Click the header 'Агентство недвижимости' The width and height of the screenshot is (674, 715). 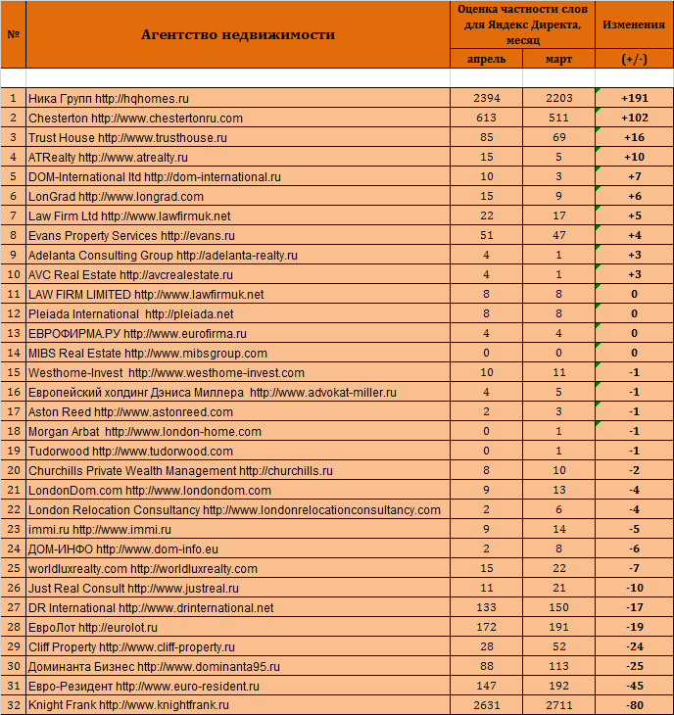(237, 34)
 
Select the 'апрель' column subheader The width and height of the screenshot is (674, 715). (487, 59)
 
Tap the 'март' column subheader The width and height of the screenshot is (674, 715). (559, 59)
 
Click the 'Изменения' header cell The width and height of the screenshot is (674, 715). (634, 24)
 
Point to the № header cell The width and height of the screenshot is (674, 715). (13, 34)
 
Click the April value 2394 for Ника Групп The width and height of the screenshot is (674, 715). (487, 98)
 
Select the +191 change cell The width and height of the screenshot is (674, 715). (634, 98)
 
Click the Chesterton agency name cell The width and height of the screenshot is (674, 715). (135, 118)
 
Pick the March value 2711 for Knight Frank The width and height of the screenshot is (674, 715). (559, 705)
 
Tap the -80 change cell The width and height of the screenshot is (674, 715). (634, 705)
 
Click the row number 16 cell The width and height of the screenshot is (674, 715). (13, 392)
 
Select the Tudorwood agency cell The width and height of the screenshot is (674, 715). (130, 451)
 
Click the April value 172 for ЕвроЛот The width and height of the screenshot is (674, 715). (487, 627)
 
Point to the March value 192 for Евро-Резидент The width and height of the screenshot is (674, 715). (559, 686)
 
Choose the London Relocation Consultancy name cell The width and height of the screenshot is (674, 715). (234, 509)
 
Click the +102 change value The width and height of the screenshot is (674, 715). (634, 118)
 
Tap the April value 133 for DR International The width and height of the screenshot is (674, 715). (487, 607)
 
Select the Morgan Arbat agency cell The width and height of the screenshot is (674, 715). (145, 431)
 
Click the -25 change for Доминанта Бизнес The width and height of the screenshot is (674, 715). (634, 666)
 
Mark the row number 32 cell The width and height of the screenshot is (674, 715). (13, 705)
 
